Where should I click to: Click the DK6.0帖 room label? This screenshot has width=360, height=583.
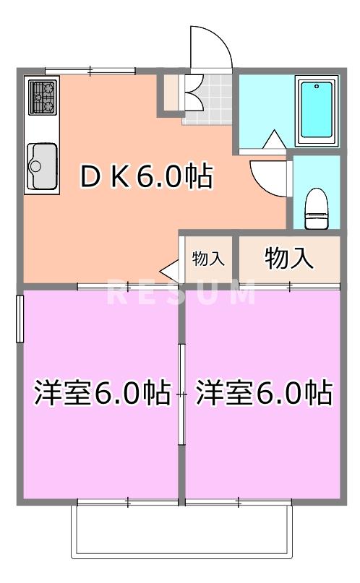coord(145,176)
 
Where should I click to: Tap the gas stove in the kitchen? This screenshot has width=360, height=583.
coord(42,98)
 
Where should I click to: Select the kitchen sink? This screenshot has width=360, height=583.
coord(41,166)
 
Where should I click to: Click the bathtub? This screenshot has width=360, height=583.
coord(317,109)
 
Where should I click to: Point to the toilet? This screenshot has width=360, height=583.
coord(315,204)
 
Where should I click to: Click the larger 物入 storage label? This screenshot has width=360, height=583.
coord(289,258)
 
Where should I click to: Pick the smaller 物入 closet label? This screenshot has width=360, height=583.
coord(208,259)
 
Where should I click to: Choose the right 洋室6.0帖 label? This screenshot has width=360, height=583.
coord(264,393)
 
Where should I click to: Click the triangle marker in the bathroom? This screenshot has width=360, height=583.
coord(275,139)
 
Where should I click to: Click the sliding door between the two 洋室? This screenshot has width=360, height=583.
coord(181,394)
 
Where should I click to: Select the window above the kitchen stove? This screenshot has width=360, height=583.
coord(90,70)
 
